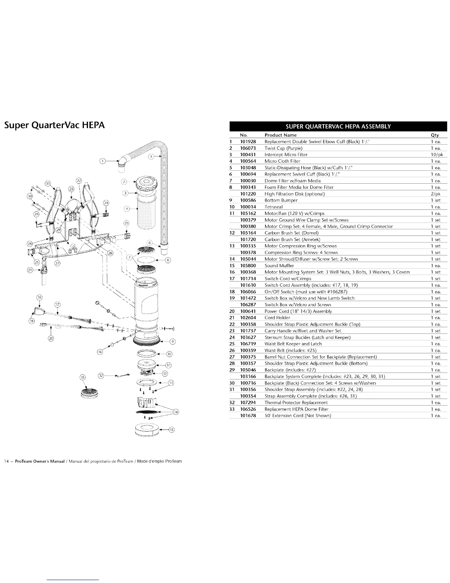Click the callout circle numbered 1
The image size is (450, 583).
[103, 160]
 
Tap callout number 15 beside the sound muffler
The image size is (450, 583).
[171, 430]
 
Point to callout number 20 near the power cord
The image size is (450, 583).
[51, 338]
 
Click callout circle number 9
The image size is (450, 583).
[172, 341]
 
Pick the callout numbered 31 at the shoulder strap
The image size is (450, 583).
[48, 183]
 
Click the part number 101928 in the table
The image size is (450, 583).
[248, 142]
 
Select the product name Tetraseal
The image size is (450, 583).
[274, 207]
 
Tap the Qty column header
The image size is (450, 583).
[435, 135]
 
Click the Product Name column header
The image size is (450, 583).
[281, 135]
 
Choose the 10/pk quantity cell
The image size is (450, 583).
[437, 155]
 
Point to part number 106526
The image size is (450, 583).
[248, 409]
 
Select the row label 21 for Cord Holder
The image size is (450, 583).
[232, 318]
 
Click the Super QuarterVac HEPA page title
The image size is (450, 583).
[54, 125]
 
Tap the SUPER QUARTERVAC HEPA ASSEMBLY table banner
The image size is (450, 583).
[338, 126]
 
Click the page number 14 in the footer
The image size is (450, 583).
[6, 461]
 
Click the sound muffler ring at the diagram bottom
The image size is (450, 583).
[148, 430]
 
